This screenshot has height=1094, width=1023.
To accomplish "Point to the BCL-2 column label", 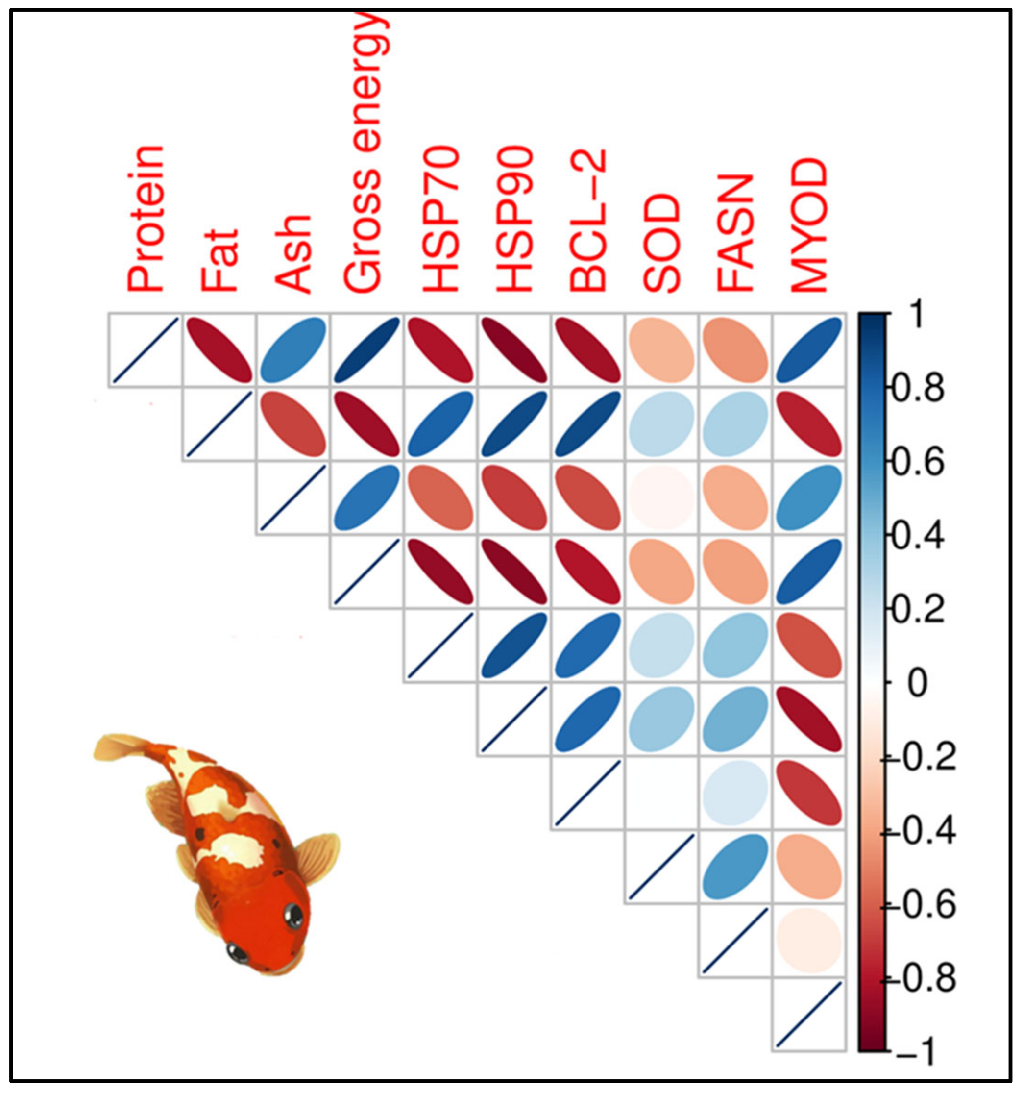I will click(x=588, y=220).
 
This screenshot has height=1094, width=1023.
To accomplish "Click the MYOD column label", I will click(x=809, y=225).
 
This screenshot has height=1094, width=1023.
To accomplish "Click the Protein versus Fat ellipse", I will click(x=219, y=350).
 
